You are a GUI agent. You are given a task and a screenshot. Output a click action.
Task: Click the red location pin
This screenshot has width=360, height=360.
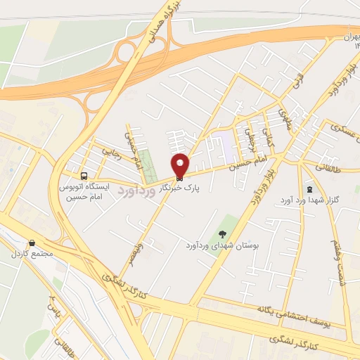coord(180,165)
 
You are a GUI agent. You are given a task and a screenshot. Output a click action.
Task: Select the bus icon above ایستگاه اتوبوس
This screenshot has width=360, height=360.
coord(84,175)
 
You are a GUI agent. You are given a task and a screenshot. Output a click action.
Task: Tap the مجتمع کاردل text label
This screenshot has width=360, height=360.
coord(29,253)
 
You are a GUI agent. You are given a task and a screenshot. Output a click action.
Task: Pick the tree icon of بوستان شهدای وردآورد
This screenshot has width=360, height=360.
coord(223,234)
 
